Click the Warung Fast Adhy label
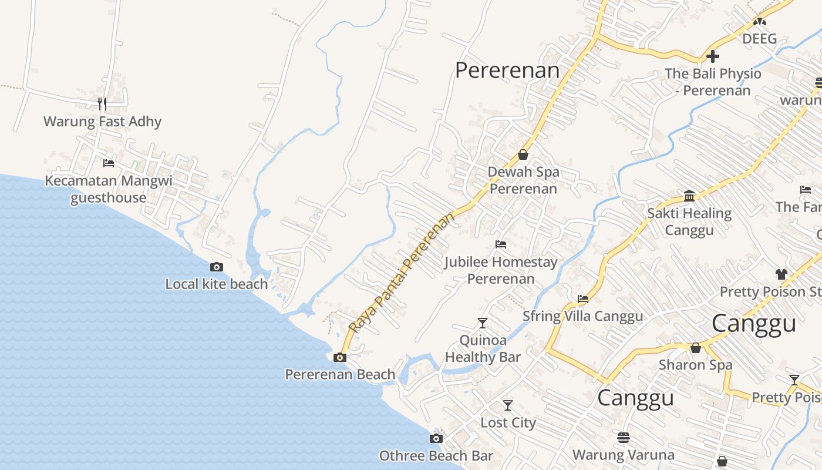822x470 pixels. pos(102,122)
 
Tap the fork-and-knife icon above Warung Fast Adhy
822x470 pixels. pos(102,104)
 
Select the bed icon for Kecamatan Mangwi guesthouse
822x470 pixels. pos(108,163)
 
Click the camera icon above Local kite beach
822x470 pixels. pos(216,267)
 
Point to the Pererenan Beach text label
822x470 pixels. pos(340,374)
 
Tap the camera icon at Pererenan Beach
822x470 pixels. pos(339,357)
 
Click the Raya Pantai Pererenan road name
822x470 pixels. pos(402,273)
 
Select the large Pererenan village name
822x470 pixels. pos(507,70)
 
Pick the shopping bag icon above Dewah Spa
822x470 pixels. pos(523,155)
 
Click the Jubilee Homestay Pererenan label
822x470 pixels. pos(501,270)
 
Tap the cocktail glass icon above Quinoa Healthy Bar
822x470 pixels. pos(483,323)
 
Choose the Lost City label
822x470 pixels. pos(508,423)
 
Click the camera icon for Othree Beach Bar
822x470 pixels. pos(436,438)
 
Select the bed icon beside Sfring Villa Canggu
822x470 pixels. pos(583,299)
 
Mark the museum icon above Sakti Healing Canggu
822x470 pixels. pos(689,196)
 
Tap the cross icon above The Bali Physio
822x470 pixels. pos(713,56)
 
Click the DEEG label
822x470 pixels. pos(759,39)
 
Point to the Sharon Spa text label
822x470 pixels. pos(695,365)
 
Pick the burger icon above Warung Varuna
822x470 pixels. pos(624,437)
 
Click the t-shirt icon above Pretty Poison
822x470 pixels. pos(781,274)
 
